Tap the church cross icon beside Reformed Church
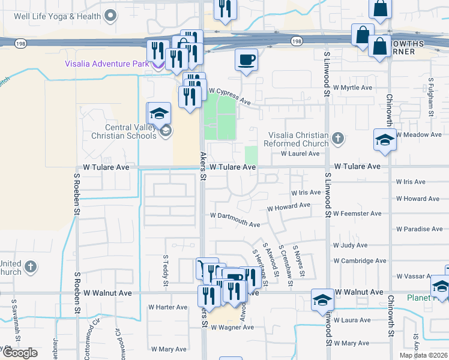(338, 139)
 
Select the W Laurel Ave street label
(301, 154)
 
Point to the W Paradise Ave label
(420, 229)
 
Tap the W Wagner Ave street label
(231, 328)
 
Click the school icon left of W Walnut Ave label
(323, 299)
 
